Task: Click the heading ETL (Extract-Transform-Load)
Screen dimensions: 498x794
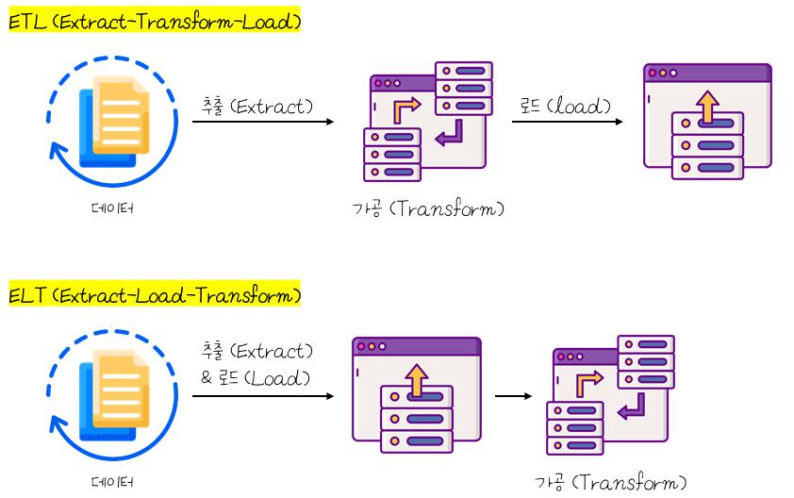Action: pyautogui.click(x=155, y=22)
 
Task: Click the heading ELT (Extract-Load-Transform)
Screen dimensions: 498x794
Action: pyautogui.click(x=155, y=296)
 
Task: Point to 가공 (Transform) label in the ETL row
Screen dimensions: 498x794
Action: pyautogui.click(x=427, y=208)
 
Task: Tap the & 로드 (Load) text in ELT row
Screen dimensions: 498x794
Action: pyautogui.click(x=256, y=378)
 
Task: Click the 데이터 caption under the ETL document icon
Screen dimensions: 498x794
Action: pyautogui.click(x=111, y=208)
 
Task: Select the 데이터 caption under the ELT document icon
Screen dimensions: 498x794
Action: pyautogui.click(x=111, y=482)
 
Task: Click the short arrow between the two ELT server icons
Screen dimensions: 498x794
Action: pyautogui.click(x=513, y=396)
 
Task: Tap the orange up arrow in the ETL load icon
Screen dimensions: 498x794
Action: pyautogui.click(x=707, y=107)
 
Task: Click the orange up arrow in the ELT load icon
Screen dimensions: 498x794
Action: pyautogui.click(x=416, y=380)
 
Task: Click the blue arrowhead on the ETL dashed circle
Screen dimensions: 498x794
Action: pyautogui.click(x=58, y=151)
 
